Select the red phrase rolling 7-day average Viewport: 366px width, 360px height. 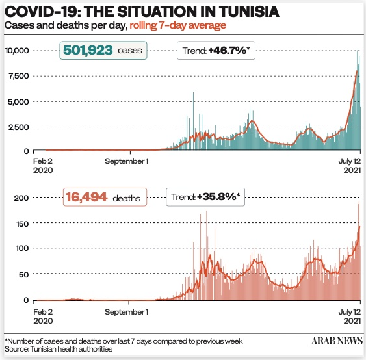click(178, 25)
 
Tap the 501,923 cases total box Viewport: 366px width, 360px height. click(103, 51)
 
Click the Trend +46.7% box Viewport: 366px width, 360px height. click(216, 51)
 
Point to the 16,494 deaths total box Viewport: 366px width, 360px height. click(105, 197)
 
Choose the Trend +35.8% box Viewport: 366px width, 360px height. click(205, 197)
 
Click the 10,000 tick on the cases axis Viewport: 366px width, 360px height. click(17, 51)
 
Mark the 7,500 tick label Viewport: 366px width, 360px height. click(19, 76)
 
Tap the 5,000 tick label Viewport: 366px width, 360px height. click(18, 102)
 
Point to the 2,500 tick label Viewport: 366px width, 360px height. click(18, 127)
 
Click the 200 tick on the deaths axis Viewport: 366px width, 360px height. click(21, 198)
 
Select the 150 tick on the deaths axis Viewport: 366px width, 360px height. click(22, 224)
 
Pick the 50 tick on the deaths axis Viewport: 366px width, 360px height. click(24, 274)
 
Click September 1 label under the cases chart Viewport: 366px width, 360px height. click(127, 161)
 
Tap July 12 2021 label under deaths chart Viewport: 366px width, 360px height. click(350, 316)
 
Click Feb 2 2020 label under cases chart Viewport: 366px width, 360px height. click(43, 166)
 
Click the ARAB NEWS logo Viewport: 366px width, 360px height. click(337, 341)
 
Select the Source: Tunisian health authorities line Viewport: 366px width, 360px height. click(59, 349)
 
